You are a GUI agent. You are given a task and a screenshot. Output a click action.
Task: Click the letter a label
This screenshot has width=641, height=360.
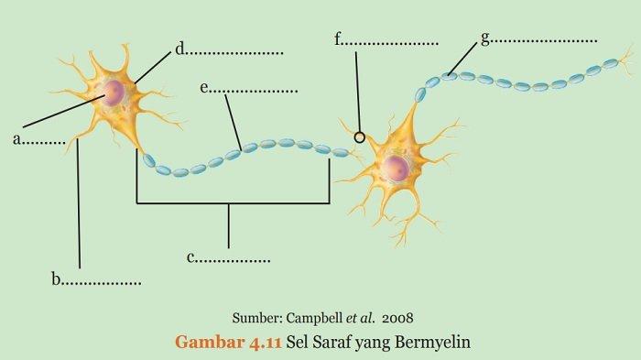pyautogui.click(x=16, y=139)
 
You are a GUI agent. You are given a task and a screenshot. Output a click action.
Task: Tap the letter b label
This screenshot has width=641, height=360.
pyautogui.click(x=56, y=279)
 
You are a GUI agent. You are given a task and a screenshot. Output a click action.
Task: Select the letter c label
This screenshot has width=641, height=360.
pyautogui.click(x=190, y=257)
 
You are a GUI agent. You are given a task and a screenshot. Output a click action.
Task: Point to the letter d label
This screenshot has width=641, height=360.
pyautogui.click(x=179, y=49)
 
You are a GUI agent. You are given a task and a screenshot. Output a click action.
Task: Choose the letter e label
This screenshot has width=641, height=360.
pyautogui.click(x=204, y=88)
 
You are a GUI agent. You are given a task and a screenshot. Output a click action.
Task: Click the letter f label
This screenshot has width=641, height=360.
pyautogui.click(x=338, y=38)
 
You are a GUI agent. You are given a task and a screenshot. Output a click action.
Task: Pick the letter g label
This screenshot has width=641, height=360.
pyautogui.click(x=485, y=38)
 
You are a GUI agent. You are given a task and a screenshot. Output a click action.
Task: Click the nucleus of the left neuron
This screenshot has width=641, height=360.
pyautogui.click(x=114, y=93)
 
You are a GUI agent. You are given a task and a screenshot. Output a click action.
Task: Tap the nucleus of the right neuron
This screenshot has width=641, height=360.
pyautogui.click(x=396, y=168)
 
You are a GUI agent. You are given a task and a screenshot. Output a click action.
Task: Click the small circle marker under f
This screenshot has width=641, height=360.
pyautogui.click(x=359, y=137)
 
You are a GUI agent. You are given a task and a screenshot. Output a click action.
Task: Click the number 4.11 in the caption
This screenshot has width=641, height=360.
pyautogui.click(x=265, y=343)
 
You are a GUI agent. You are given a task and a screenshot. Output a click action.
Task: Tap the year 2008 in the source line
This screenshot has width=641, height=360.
pyautogui.click(x=397, y=318)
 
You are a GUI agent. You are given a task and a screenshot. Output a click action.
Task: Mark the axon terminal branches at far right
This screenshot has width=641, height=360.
pyautogui.click(x=625, y=62)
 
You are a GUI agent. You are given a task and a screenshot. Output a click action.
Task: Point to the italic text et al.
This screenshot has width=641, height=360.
pyautogui.click(x=360, y=318)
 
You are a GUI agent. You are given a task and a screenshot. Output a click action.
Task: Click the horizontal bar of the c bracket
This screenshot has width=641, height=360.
pyautogui.click(x=233, y=202)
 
